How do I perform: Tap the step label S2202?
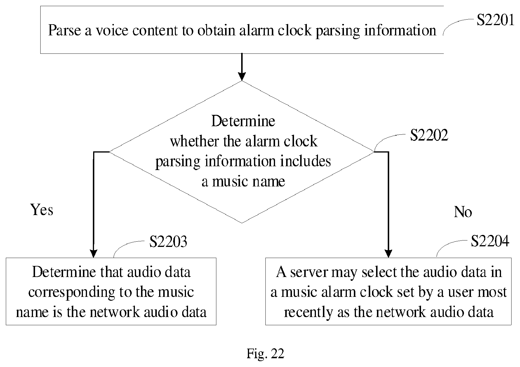coord(429,135)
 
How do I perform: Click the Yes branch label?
coord(42,210)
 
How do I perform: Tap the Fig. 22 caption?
coord(265,354)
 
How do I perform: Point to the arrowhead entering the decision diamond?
coord(242,77)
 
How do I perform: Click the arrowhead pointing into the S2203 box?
coord(93,254)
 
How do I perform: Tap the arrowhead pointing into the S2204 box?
coord(388,254)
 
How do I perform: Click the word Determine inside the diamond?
coord(243,121)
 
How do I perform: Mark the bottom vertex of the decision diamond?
coord(242,223)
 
